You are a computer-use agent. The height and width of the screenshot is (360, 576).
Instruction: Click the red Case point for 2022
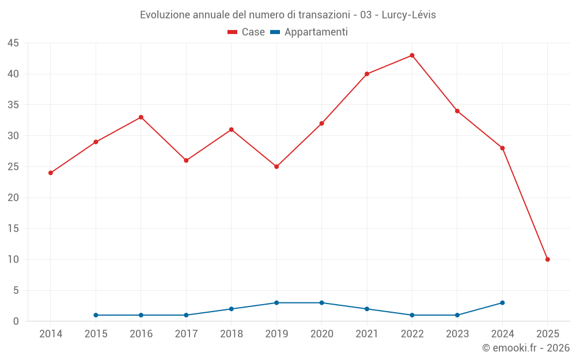pyautogui.click(x=412, y=55)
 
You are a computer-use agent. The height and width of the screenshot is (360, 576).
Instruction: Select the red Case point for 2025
pyautogui.click(x=547, y=259)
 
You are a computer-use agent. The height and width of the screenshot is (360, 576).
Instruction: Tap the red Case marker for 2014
pyautogui.click(x=51, y=173)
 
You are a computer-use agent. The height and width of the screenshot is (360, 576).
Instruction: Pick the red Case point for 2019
pyautogui.click(x=276, y=166)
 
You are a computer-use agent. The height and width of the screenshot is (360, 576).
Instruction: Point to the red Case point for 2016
pyautogui.click(x=141, y=118)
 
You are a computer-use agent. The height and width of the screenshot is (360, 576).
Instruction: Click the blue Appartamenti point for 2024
pyautogui.click(x=502, y=302)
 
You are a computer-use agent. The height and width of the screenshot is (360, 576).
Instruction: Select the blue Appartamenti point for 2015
pyautogui.click(x=96, y=315)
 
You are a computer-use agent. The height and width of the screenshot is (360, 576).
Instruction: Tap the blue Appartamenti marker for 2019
pyautogui.click(x=276, y=302)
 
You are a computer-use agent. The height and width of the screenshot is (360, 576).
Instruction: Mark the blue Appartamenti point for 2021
pyautogui.click(x=367, y=309)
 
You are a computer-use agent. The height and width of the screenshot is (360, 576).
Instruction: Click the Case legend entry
pyautogui.click(x=247, y=32)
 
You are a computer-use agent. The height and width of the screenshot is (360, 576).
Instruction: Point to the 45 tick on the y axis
pyautogui.click(x=13, y=43)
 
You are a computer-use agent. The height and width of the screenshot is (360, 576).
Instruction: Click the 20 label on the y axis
pyautogui.click(x=13, y=198)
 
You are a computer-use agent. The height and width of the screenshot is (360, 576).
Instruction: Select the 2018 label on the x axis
pyautogui.click(x=232, y=334)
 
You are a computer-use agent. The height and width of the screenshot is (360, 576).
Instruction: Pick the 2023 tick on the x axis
pyautogui.click(x=457, y=334)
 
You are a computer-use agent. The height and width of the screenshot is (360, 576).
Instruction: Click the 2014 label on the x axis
pyautogui.click(x=51, y=334)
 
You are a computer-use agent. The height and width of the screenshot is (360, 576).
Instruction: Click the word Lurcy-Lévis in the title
pyautogui.click(x=409, y=15)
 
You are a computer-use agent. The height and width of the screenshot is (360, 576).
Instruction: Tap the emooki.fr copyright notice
pyautogui.click(x=525, y=348)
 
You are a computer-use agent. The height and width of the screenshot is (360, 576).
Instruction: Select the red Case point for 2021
pyautogui.click(x=367, y=74)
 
